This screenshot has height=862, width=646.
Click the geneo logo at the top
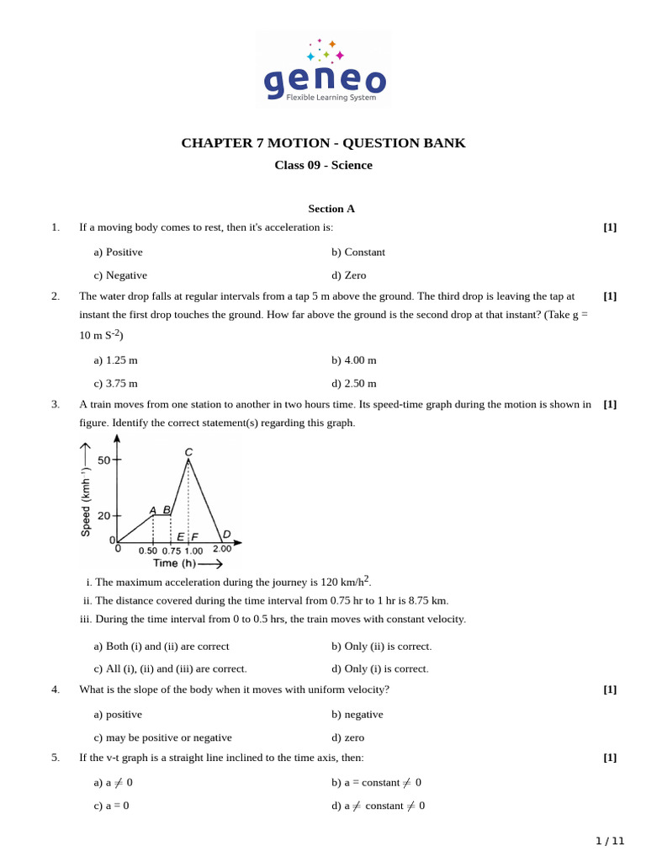coord(324,69)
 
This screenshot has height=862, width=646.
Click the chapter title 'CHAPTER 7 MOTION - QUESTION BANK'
coord(323,143)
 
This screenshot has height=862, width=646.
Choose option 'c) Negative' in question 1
coord(120,275)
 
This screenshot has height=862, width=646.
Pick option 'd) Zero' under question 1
coord(348,275)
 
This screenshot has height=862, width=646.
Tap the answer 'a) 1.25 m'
coord(115,360)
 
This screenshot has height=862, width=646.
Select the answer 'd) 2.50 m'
coord(353,383)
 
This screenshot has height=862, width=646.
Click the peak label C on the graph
coord(188,452)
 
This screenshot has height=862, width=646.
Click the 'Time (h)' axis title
coord(175,563)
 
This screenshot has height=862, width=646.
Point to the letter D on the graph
coord(226,534)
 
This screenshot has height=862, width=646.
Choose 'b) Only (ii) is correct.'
coord(381,646)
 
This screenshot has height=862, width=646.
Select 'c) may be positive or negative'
coord(162,737)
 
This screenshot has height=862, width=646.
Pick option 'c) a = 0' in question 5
coord(111,806)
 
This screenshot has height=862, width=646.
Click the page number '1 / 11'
coord(610,841)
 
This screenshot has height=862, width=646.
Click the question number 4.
coord(56,689)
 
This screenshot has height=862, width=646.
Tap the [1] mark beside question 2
coord(610,296)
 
